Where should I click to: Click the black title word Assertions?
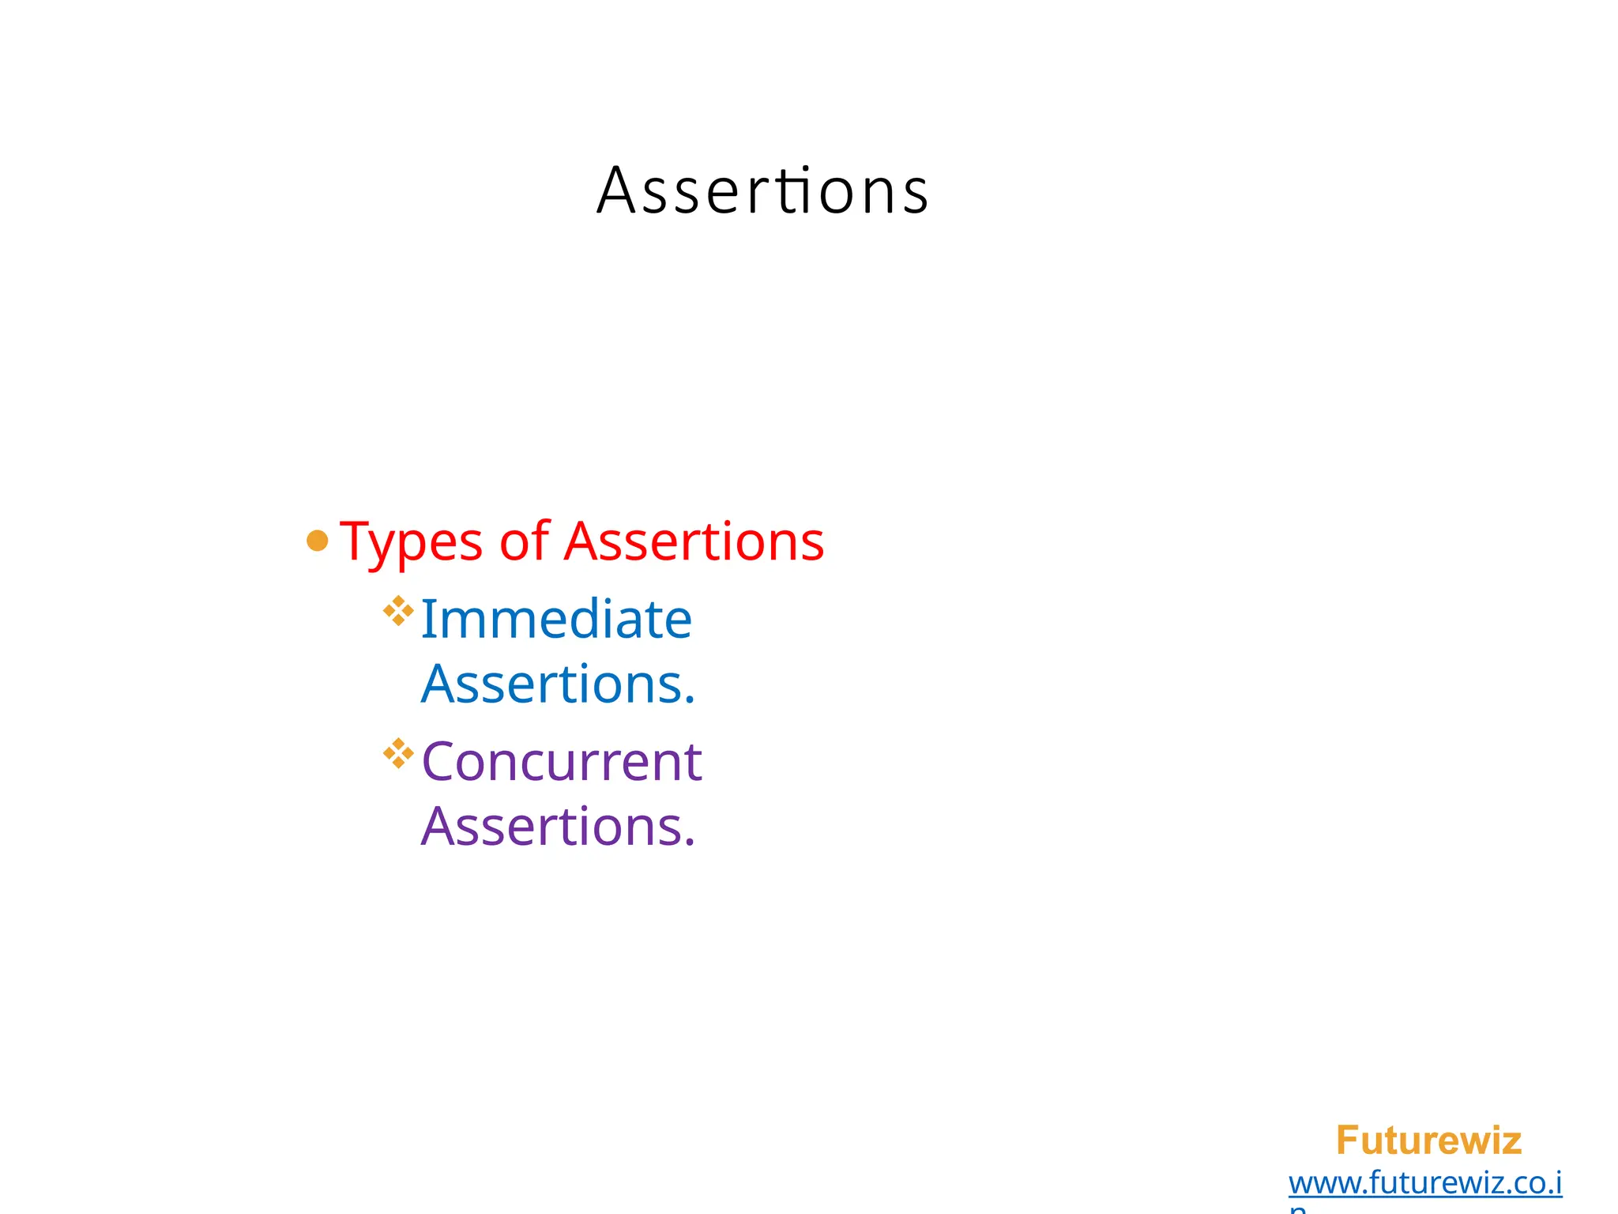click(762, 190)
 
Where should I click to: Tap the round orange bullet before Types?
click(317, 541)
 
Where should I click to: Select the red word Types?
click(411, 542)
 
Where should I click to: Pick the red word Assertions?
click(694, 542)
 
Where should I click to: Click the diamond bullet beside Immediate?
click(398, 611)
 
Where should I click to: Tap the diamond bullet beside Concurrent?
click(398, 753)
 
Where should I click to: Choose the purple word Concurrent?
click(562, 762)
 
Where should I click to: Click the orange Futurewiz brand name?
click(1428, 1140)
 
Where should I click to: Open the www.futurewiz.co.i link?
click(1424, 1183)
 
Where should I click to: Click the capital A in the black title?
click(616, 190)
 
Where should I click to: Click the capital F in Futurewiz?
click(1347, 1140)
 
